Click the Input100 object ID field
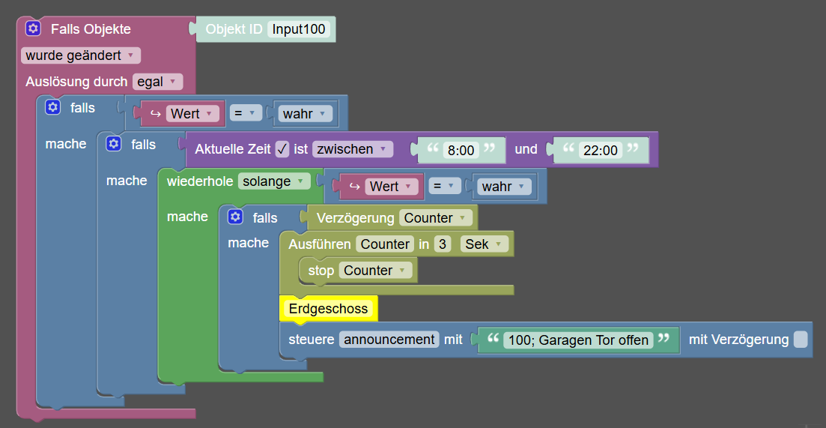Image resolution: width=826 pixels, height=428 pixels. (x=299, y=29)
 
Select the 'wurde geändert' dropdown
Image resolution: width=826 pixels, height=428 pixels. (x=81, y=55)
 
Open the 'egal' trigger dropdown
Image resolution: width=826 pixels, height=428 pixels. (x=157, y=82)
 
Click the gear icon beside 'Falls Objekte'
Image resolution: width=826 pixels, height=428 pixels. (x=33, y=28)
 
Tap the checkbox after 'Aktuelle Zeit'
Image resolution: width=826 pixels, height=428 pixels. (x=282, y=149)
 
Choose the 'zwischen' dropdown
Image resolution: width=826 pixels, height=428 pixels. (x=353, y=149)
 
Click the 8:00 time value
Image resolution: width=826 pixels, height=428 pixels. (x=461, y=150)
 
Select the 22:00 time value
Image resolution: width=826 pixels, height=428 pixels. (x=601, y=150)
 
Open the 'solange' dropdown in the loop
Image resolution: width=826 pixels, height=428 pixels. (x=274, y=181)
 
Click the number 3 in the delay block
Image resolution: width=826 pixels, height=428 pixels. (x=443, y=244)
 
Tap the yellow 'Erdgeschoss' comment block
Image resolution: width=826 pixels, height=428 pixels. (x=328, y=308)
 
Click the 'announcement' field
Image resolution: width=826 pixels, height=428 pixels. (x=389, y=340)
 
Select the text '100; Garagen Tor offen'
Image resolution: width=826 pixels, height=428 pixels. (x=578, y=340)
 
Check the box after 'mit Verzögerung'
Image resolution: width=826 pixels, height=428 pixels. (x=801, y=340)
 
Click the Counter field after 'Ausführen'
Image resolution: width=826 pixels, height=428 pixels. (x=385, y=244)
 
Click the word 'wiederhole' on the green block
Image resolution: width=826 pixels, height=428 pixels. (x=200, y=181)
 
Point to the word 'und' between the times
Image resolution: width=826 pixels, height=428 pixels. (x=526, y=149)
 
